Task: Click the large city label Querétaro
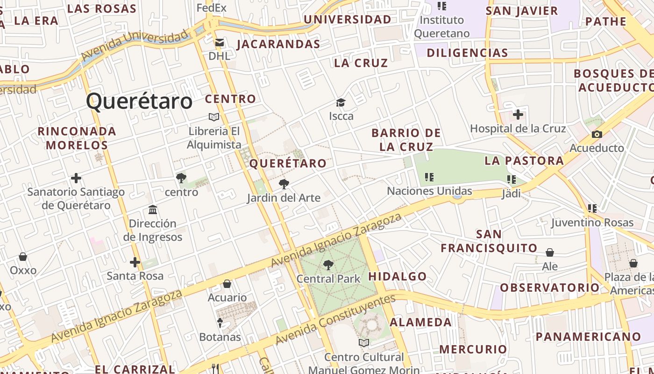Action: tap(139, 101)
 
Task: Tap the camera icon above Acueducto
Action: tap(597, 135)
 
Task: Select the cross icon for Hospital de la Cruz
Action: tap(518, 115)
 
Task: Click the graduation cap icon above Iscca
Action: tap(341, 102)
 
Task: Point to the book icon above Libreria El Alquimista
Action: tap(214, 117)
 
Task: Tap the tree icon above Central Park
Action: tap(328, 265)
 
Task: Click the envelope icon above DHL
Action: tap(219, 43)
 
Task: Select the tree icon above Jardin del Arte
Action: tap(284, 184)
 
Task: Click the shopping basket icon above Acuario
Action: tap(227, 284)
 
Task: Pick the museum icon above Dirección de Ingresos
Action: tap(153, 209)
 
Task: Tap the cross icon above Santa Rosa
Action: tap(135, 262)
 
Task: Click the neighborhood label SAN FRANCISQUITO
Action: tap(489, 241)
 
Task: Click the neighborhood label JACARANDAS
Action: tap(278, 44)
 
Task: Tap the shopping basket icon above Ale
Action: tap(550, 253)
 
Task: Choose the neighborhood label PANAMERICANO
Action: tap(588, 337)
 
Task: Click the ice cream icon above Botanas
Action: tap(220, 323)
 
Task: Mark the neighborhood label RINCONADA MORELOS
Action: tap(77, 138)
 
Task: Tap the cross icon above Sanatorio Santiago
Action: tap(76, 178)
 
